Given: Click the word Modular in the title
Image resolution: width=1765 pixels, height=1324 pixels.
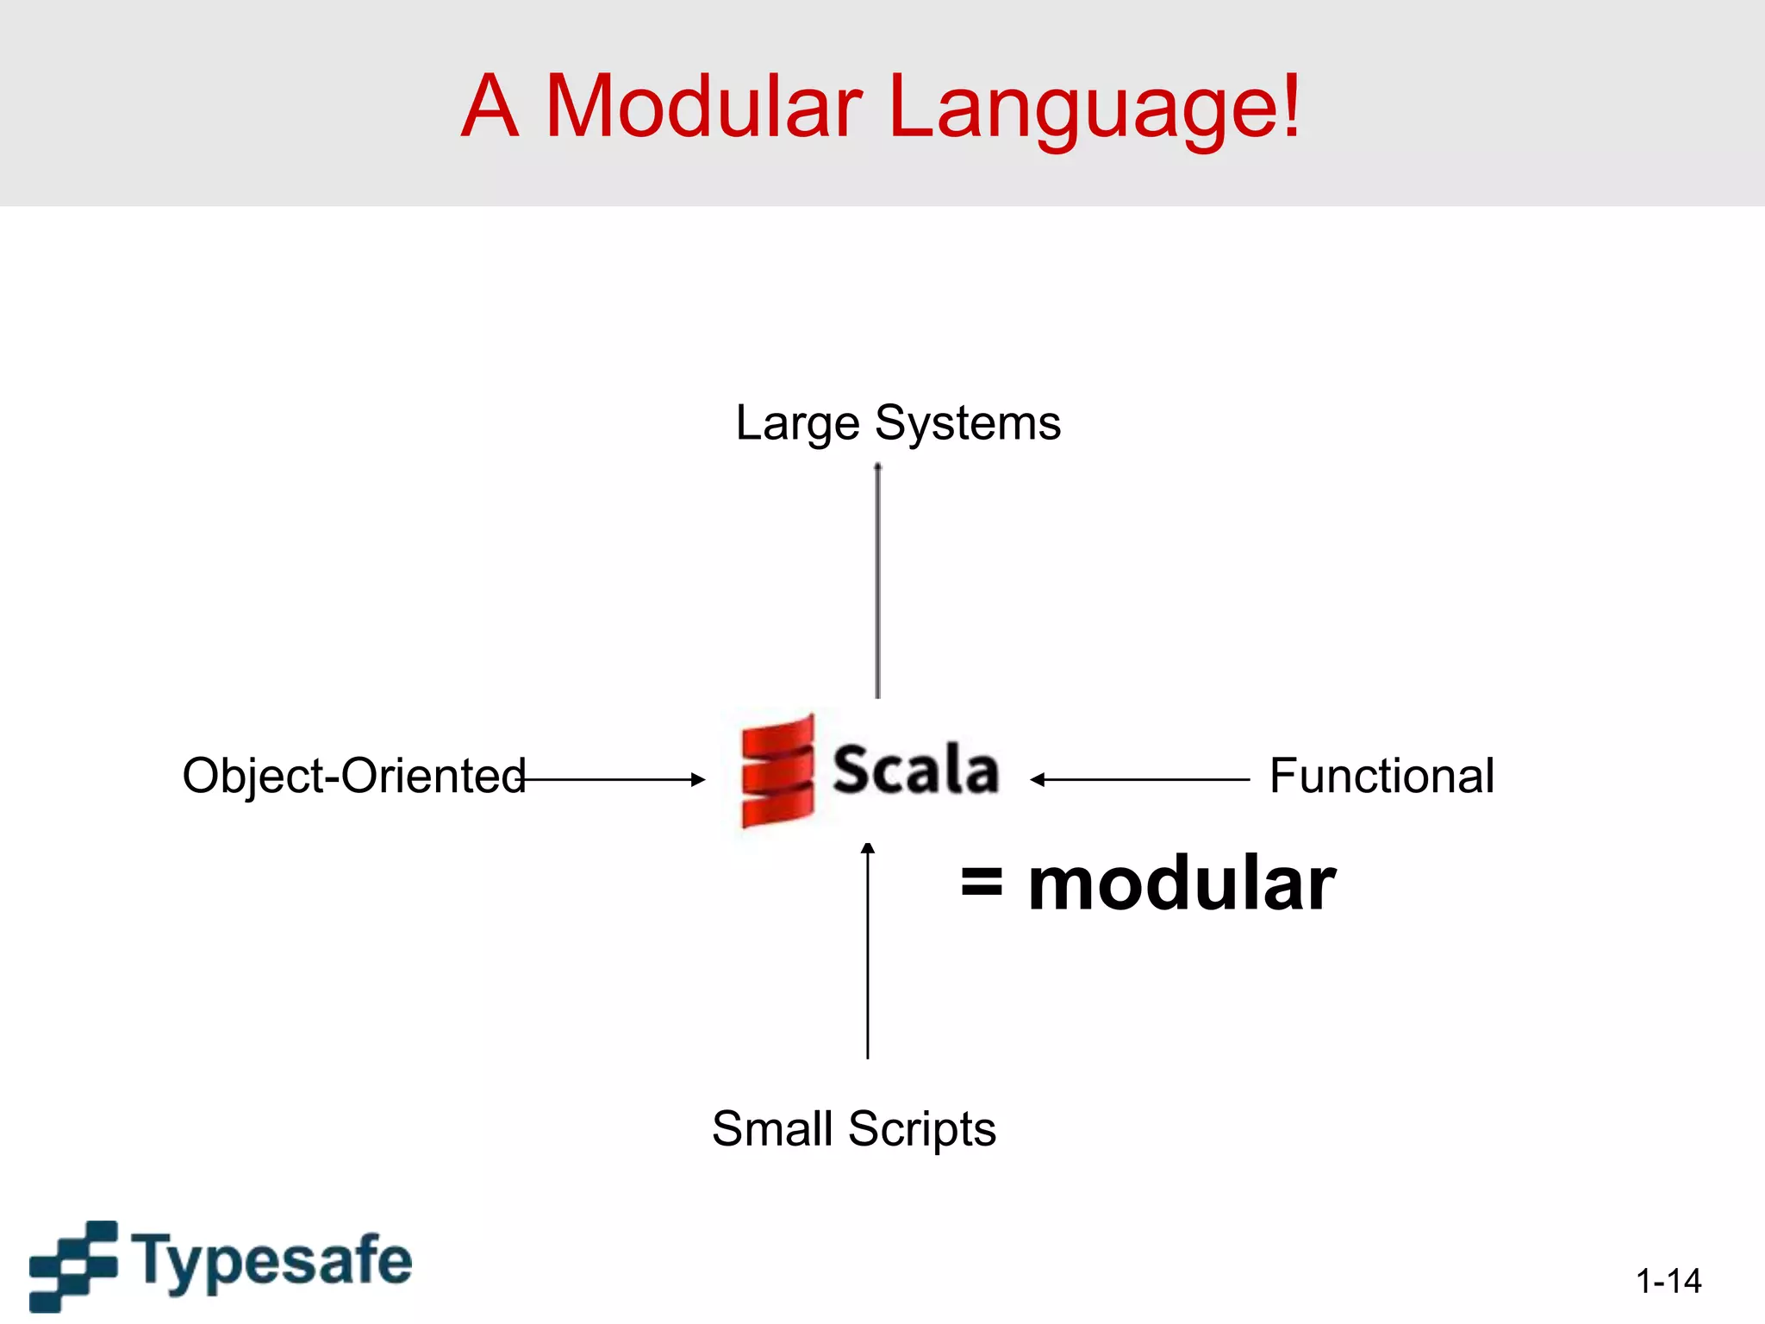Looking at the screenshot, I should (x=702, y=106).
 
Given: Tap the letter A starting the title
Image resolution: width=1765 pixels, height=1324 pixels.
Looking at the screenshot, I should (x=490, y=106).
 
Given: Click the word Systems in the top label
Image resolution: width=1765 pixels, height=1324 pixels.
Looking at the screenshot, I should (x=967, y=424).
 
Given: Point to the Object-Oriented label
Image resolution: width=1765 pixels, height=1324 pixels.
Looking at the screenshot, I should (x=353, y=776).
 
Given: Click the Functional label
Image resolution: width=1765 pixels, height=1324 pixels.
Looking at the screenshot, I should (x=1381, y=776).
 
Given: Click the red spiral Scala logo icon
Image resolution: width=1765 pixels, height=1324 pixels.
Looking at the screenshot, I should (x=777, y=771).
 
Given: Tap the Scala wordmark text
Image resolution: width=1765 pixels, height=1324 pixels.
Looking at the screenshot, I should (x=915, y=769).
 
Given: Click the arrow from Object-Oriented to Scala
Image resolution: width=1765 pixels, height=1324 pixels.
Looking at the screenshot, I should (x=614, y=779).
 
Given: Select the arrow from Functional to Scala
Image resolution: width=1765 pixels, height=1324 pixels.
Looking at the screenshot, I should (x=1139, y=779).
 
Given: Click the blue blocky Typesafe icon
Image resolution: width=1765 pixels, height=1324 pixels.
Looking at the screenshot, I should (x=74, y=1265).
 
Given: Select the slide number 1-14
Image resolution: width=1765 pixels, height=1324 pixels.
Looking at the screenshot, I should (x=1668, y=1281).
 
